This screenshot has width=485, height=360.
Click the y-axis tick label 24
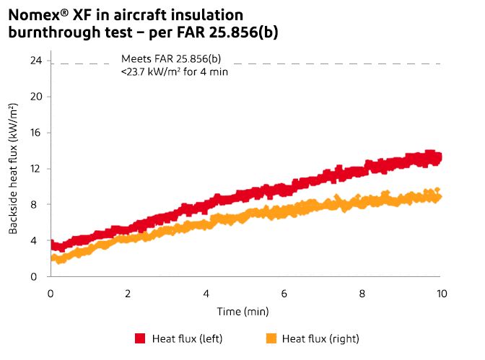(x=35, y=61)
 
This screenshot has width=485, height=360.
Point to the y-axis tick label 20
(x=35, y=97)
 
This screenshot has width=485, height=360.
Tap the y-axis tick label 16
(x=35, y=133)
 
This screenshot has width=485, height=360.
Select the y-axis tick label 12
(x=35, y=169)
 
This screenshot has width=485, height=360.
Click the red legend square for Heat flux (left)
(x=140, y=338)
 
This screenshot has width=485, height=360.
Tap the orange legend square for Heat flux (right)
(x=271, y=338)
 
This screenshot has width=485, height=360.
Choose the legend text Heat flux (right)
(x=320, y=338)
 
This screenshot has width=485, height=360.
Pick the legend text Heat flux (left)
(x=185, y=338)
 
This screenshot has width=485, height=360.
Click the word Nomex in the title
(x=33, y=14)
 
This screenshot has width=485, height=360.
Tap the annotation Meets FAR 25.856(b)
(x=171, y=58)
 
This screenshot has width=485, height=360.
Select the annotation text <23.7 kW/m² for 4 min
(x=175, y=72)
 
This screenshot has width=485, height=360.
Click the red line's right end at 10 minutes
(x=437, y=157)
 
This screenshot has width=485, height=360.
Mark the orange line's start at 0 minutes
(x=52, y=258)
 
